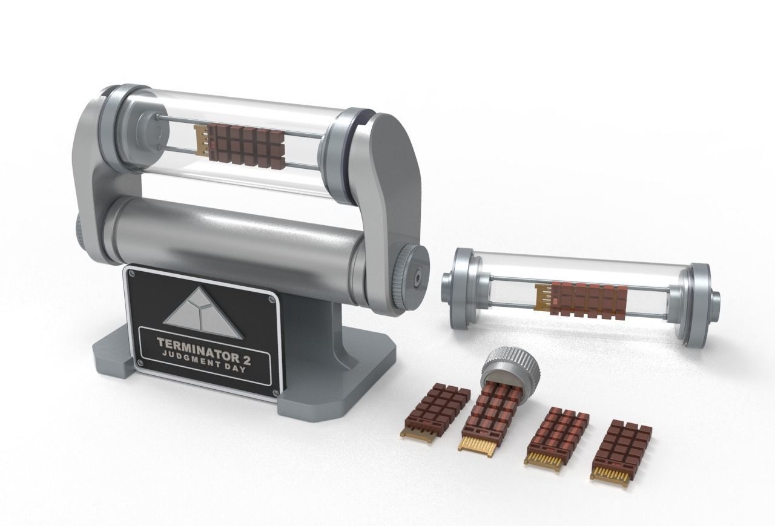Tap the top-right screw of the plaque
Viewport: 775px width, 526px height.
[270, 297]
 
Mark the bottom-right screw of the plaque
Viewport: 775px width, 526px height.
[275, 393]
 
